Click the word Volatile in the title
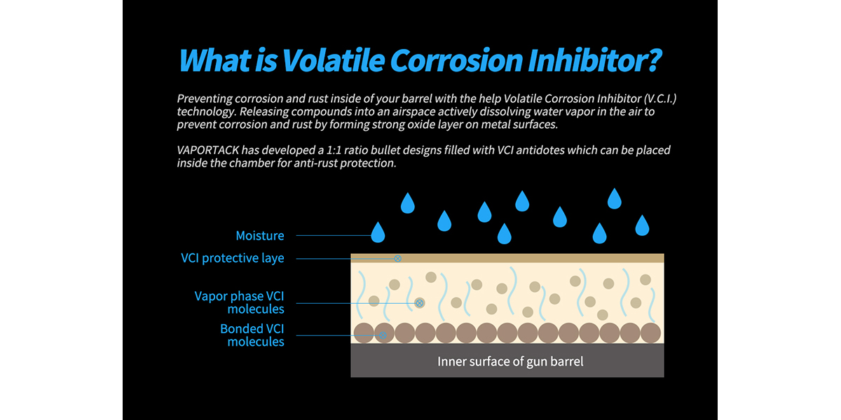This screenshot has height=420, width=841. pyautogui.click(x=333, y=60)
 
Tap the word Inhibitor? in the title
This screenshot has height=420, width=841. pyautogui.click(x=594, y=60)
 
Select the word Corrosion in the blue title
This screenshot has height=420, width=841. pyautogui.click(x=456, y=60)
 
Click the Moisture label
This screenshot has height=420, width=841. pyautogui.click(x=260, y=235)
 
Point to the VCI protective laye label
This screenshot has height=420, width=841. pyautogui.click(x=233, y=258)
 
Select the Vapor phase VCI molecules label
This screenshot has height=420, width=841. pyautogui.click(x=239, y=302)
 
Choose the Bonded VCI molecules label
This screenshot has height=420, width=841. pyautogui.click(x=252, y=335)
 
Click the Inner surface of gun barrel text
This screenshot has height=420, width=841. pyautogui.click(x=510, y=361)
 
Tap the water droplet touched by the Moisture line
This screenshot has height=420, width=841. pyautogui.click(x=378, y=232)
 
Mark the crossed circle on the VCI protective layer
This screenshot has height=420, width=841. pyautogui.click(x=397, y=258)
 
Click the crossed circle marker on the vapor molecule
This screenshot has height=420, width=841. pyautogui.click(x=419, y=303)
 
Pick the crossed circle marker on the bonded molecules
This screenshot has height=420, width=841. pyautogui.click(x=383, y=335)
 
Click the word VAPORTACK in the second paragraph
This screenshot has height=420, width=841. pyautogui.click(x=207, y=150)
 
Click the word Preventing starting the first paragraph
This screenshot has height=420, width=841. pyautogui.click(x=204, y=99)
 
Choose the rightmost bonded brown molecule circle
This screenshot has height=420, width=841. pyautogui.click(x=650, y=333)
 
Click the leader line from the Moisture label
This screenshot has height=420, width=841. pyautogui.click(x=334, y=235)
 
